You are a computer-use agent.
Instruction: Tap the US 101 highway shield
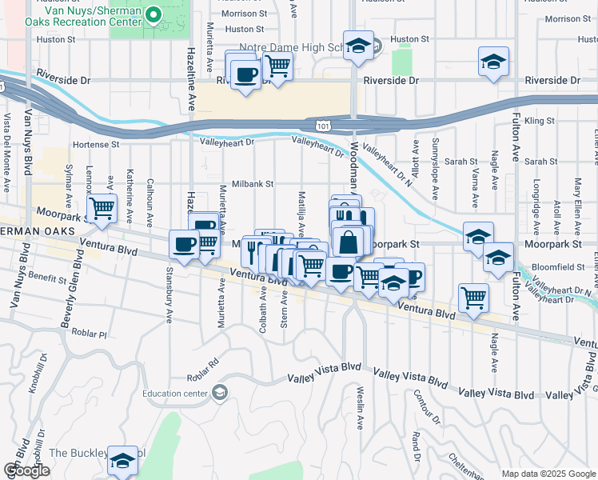coord(321,126)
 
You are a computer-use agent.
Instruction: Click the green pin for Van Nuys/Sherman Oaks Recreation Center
coord(156,14)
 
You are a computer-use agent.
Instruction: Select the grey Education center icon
coord(219,392)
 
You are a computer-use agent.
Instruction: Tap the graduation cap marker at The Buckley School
coord(122,462)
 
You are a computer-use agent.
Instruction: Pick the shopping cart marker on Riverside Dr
coord(277,66)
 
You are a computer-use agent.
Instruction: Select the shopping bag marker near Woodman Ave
coord(349,241)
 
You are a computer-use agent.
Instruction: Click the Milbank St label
coord(253,183)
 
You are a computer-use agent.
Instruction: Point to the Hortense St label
coord(95,145)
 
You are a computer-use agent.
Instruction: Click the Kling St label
coord(540,121)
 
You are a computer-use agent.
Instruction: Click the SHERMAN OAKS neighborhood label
coord(38,231)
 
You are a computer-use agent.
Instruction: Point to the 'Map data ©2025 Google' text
coord(547,474)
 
